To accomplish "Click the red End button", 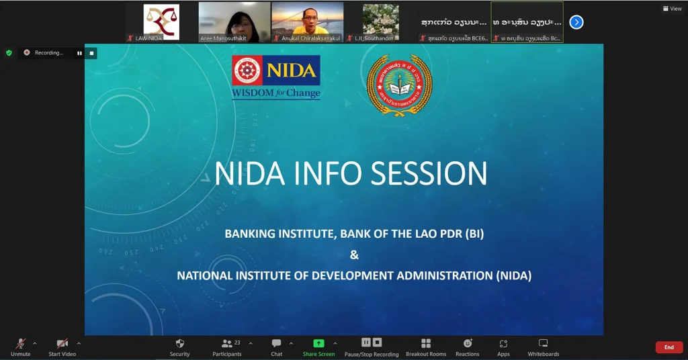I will tap(669, 347).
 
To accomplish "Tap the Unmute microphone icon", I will tap(21, 343).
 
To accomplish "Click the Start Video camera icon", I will tap(62, 343).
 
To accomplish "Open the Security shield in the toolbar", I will tap(179, 343).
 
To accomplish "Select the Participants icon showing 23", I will tap(227, 343).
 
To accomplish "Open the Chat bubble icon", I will tap(276, 343).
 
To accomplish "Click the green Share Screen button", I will tap(318, 343).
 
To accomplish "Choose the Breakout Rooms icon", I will tap(426, 343).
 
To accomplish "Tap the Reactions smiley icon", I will tap(468, 343).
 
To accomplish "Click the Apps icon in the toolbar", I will tap(503, 343).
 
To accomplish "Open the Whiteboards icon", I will tap(543, 343).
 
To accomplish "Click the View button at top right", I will tap(672, 9).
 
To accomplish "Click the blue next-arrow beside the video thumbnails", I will tap(576, 22).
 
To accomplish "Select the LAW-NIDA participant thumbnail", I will tap(161, 22).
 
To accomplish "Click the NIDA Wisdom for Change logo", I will tap(276, 77).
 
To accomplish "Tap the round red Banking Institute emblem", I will tap(399, 85).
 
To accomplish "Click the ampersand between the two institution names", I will tap(355, 255).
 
